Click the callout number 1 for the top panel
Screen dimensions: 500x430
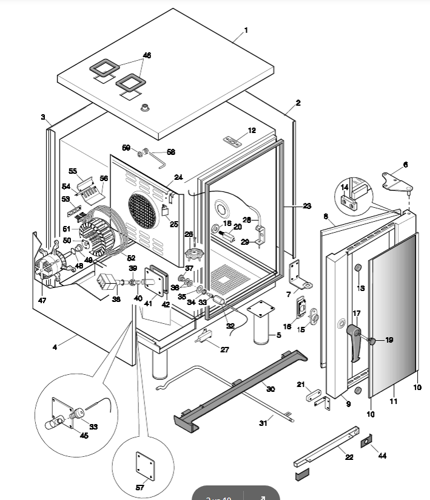point(246,30)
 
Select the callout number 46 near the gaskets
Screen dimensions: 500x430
point(146,55)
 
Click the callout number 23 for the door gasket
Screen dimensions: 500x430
point(307,207)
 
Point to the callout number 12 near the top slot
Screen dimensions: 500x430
point(252,131)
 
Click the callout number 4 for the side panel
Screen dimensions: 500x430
point(55,348)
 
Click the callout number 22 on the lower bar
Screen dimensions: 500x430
point(349,457)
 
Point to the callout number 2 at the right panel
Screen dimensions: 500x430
point(298,103)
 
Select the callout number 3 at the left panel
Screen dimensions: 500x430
point(43,117)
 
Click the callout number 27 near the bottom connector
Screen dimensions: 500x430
point(225,349)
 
